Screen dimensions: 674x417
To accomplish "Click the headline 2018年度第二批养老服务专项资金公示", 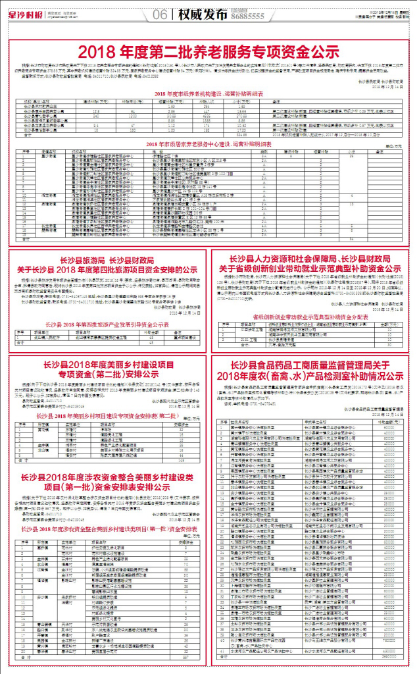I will point(208,51).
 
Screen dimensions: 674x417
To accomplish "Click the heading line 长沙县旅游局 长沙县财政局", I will point(107,259).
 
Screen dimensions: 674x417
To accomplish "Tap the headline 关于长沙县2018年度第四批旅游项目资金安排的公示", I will point(107,269).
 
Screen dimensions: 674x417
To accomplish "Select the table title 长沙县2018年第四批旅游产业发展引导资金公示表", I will point(107,324).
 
